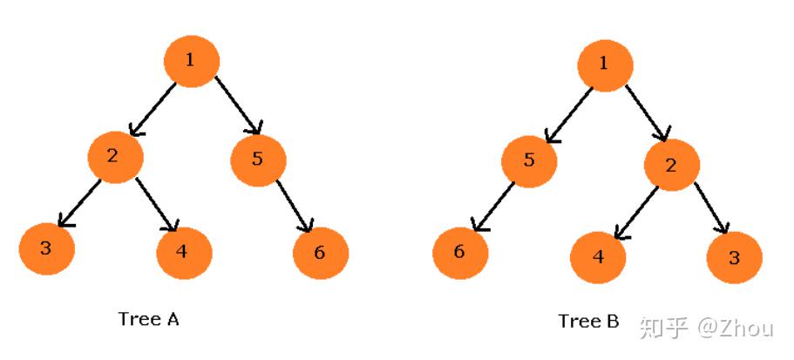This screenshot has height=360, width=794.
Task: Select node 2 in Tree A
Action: tap(114, 156)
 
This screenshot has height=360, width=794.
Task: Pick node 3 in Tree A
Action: tap(46, 248)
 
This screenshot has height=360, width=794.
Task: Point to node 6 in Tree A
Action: tap(321, 253)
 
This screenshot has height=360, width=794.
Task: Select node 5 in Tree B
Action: tap(528, 160)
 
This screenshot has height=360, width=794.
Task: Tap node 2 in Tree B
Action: tap(671, 165)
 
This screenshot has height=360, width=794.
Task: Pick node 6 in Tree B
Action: tap(460, 253)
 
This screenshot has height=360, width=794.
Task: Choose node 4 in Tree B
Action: tap(598, 257)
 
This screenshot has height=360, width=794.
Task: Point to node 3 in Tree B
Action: tap(735, 257)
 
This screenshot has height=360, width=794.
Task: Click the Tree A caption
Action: tap(148, 319)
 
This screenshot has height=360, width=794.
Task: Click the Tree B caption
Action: tap(588, 322)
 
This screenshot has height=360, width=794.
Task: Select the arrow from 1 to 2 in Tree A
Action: tap(155, 107)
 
